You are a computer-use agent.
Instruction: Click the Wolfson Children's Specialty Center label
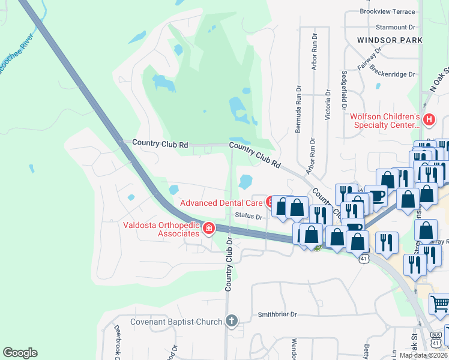click(x=384, y=121)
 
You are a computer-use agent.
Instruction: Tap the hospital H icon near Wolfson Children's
click(x=429, y=119)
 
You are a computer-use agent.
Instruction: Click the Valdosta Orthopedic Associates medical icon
click(x=208, y=229)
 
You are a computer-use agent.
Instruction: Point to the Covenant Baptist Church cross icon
click(x=231, y=321)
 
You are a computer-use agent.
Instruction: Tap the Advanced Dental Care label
click(x=221, y=203)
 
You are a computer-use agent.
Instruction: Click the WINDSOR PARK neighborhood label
click(x=389, y=40)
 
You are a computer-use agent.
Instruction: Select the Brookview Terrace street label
click(x=387, y=11)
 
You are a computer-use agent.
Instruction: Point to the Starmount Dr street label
click(x=396, y=27)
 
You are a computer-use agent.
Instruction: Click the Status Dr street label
click(x=249, y=216)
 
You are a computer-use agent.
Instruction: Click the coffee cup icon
click(x=376, y=197)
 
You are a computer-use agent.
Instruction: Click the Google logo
click(x=20, y=353)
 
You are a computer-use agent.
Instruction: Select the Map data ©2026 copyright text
click(x=423, y=355)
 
